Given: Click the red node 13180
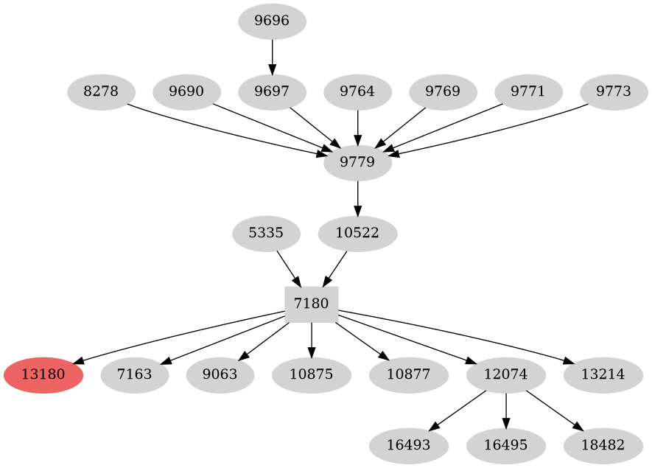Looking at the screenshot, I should coord(43,374).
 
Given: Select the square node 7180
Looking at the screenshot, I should coord(312,304).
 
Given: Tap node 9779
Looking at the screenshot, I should coord(357,163).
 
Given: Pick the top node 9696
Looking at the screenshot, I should coord(273,21).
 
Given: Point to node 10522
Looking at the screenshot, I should coord(357,234).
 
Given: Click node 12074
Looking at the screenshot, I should coord(506,374).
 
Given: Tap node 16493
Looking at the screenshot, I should coord(409,445).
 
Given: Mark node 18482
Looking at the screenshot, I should coord(603,445).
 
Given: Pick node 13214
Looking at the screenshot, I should coord(603,374).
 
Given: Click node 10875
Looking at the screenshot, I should coord(312,374).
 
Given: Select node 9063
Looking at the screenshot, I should coord(220,374).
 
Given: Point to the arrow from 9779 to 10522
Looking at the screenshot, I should coord(357,198).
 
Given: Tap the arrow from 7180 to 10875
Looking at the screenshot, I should coord(312,339).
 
